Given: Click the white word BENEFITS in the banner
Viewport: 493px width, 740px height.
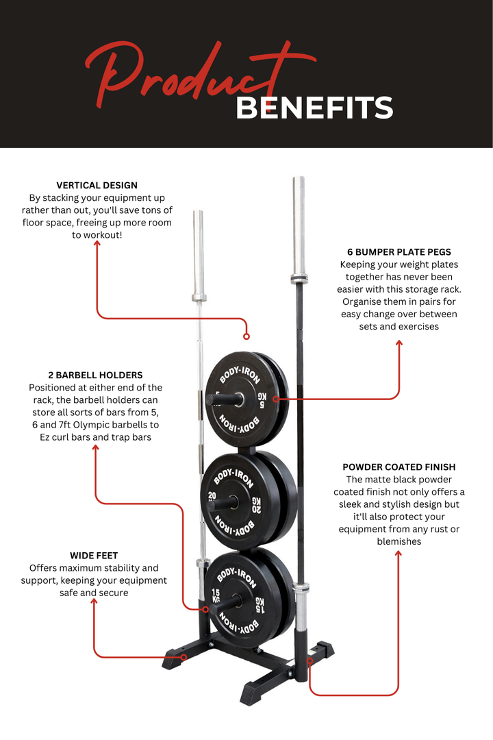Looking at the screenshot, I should pos(314,108).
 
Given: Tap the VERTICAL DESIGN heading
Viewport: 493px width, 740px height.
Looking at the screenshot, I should pos(97,185).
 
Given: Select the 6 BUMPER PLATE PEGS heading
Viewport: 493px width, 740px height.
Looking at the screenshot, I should pos(399,252).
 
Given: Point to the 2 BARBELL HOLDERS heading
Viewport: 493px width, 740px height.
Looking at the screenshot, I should pos(95,375).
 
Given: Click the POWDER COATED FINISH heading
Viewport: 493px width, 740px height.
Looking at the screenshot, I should pos(399,467).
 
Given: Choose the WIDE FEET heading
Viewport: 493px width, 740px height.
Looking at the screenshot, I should pos(94,556).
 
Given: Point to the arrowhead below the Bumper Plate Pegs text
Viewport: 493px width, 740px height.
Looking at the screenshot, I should pos(399,343).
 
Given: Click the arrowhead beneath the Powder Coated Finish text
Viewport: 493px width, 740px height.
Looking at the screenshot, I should pos(399,553).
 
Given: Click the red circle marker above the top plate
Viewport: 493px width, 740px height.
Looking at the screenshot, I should pos(246,336).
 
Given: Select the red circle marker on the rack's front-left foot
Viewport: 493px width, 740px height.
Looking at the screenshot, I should pos(184,657).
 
